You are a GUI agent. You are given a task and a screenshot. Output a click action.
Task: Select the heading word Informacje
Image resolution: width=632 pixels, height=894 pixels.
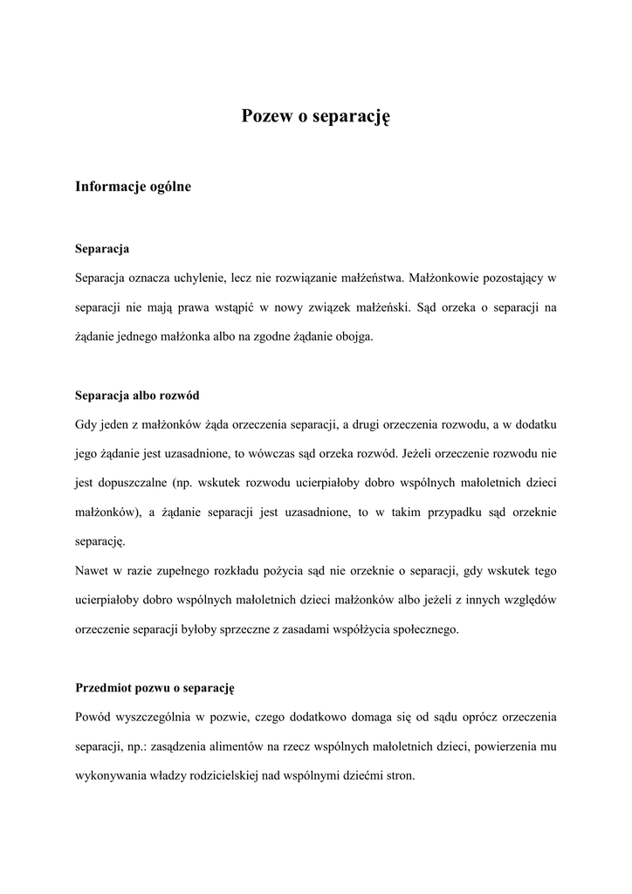coord(109,186)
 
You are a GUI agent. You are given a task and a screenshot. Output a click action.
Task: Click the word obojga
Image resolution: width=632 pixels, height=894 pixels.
coord(354,336)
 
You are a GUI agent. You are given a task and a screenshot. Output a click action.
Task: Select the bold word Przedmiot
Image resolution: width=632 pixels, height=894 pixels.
coord(104,689)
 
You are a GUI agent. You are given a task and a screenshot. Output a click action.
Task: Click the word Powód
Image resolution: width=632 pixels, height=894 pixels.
coord(94,718)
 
